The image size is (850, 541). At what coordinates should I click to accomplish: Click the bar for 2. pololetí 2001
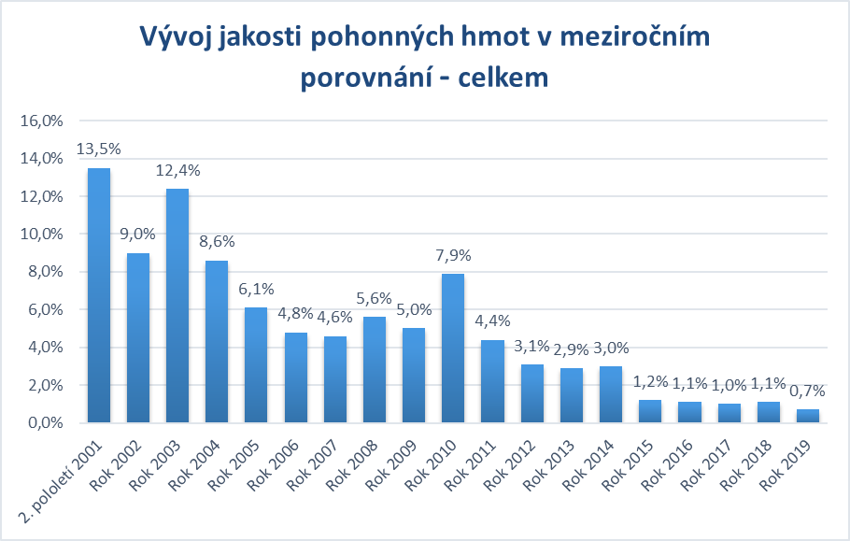click(99, 295)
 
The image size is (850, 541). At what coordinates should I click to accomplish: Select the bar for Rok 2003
click(177, 306)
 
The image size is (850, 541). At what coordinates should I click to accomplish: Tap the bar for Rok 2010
click(453, 348)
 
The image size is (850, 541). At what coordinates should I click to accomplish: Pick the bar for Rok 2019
click(808, 416)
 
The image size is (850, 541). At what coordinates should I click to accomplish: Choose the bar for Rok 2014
click(611, 394)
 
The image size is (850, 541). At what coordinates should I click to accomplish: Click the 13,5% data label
click(99, 149)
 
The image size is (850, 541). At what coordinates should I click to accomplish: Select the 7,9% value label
click(453, 254)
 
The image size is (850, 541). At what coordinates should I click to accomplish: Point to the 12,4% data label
click(177, 170)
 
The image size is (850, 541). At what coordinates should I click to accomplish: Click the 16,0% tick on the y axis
click(41, 121)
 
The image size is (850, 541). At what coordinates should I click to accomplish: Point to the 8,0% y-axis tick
click(45, 272)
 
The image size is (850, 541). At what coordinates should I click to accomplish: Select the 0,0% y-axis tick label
click(45, 422)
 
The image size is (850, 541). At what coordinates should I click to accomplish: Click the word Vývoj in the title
click(179, 37)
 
